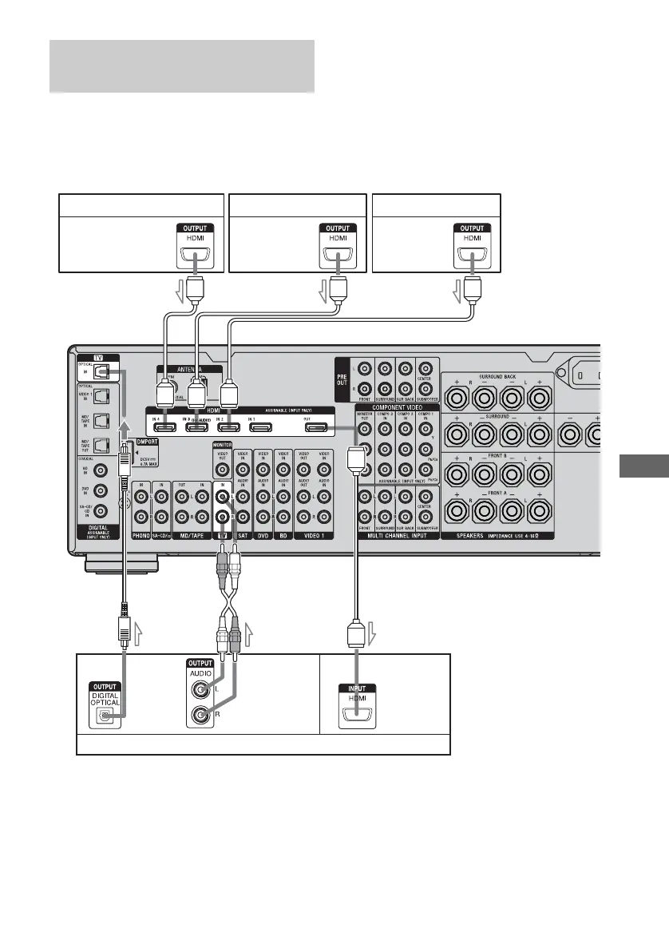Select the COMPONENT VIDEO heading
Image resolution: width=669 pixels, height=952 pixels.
(x=397, y=407)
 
